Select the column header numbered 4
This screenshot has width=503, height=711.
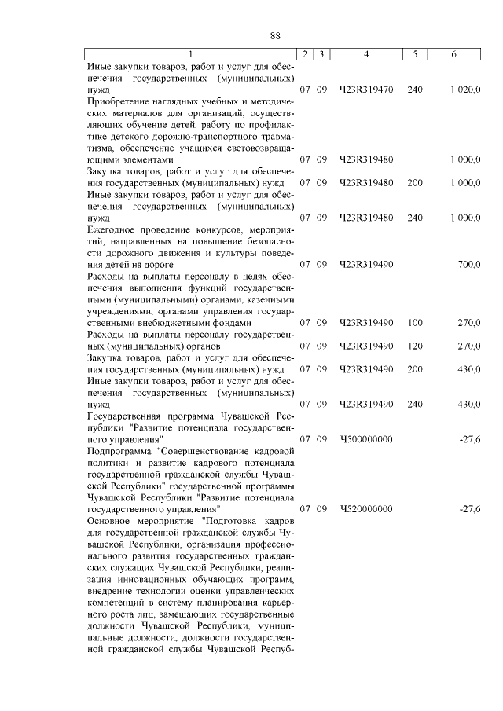tap(365, 54)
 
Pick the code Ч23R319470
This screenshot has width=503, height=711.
tap(365, 90)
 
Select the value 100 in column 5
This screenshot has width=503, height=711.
tap(415, 322)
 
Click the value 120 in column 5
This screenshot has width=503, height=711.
tap(415, 345)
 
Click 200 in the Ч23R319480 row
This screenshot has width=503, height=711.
tap(415, 182)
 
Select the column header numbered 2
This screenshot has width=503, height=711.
tap(304, 54)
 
